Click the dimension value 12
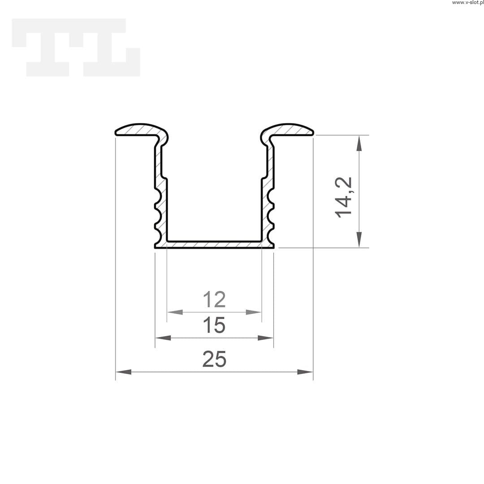(x=214, y=299)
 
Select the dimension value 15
(x=214, y=325)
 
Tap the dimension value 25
(x=214, y=359)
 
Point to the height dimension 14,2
(x=343, y=198)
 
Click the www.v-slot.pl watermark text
(x=468, y=3)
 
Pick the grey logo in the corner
(x=76, y=47)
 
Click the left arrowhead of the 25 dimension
(x=123, y=372)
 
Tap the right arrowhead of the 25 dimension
(x=305, y=372)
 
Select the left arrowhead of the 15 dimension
(x=163, y=338)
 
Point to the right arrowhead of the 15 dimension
(x=265, y=338)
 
